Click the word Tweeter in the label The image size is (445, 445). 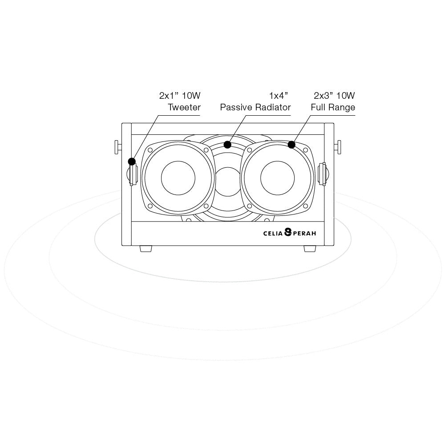(184, 107)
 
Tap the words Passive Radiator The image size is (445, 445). (255, 107)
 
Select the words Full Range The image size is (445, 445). (333, 107)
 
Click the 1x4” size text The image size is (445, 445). (279, 96)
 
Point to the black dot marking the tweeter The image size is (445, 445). (132, 162)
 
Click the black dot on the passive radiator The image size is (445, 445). (227, 145)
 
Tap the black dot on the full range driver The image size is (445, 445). (291, 145)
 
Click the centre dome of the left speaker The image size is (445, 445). (178, 178)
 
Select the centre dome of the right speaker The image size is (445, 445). (278, 178)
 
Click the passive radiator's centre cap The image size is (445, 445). (228, 182)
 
